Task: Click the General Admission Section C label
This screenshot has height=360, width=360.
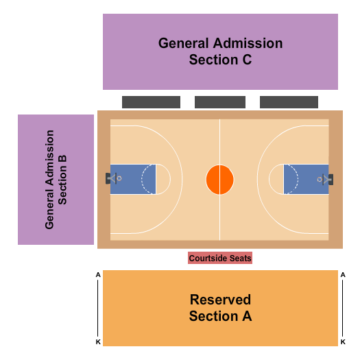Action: coord(220,51)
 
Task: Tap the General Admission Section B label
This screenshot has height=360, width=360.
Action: coord(56,179)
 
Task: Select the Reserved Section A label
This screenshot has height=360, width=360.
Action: coord(220,308)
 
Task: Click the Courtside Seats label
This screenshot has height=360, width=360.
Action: coord(220,259)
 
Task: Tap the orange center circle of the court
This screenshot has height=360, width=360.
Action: coord(220,180)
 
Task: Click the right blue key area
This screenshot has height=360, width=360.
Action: coord(307,180)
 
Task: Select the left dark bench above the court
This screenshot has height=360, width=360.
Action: coord(151,102)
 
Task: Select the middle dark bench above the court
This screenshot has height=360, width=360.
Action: coord(220,102)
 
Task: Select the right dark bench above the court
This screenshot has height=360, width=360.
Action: coord(289,102)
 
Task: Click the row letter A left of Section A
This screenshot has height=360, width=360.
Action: coord(98,275)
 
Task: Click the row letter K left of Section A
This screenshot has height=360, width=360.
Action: coord(98,341)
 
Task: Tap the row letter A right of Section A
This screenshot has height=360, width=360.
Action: coord(343,275)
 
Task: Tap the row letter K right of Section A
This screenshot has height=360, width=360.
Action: coord(343,341)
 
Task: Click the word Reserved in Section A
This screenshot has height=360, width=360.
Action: coord(220,300)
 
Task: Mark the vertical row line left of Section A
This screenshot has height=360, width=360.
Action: coord(98,308)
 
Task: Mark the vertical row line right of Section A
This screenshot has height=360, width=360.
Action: coord(343,308)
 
